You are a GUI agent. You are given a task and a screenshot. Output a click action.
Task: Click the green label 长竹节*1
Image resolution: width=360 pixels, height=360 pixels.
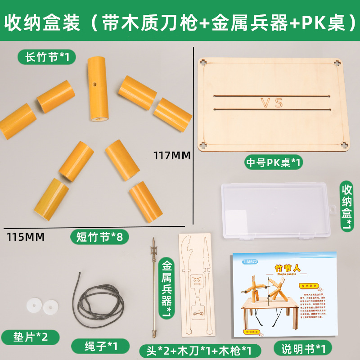click(46, 57)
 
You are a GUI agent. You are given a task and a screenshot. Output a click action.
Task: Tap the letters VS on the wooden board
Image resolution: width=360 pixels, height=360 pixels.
click(272, 102)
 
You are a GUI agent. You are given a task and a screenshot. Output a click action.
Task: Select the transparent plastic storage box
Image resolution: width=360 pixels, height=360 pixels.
click(275, 210)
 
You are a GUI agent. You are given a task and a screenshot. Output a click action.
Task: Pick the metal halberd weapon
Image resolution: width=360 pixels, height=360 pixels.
click(153, 288)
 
